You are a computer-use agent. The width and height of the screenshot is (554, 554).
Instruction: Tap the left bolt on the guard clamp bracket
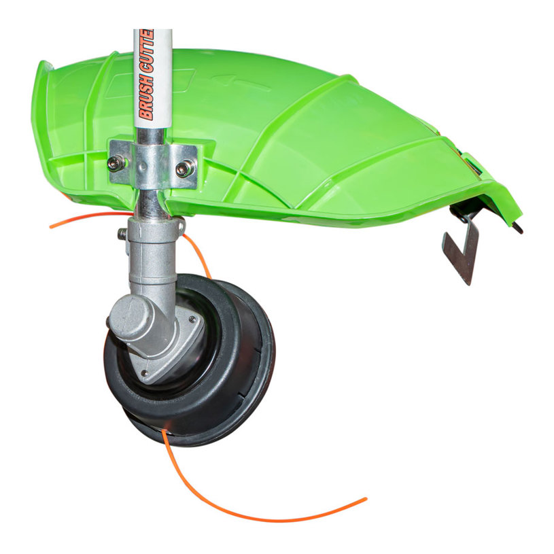click(x=116, y=163)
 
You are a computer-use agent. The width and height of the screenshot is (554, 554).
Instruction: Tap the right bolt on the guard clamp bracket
click(x=185, y=168)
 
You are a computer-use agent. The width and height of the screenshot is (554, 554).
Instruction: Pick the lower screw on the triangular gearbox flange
click(x=144, y=373)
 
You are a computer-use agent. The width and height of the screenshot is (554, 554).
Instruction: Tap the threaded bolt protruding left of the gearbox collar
click(x=122, y=233)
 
